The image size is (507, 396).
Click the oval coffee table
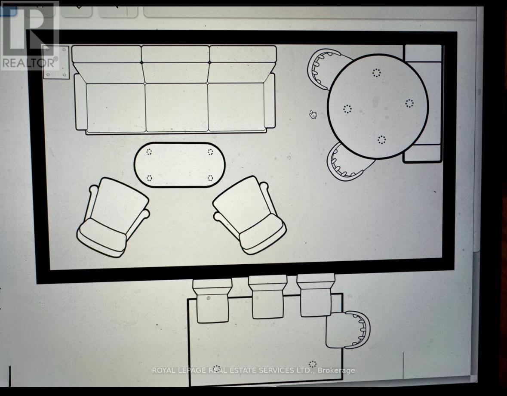tap(179, 165)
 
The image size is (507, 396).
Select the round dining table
tap(378, 106)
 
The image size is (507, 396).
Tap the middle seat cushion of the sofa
tap(177, 107)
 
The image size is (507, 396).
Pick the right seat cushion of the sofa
tap(237, 107)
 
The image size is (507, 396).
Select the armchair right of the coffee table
tap(249, 215)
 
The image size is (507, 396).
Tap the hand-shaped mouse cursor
tap(313, 114)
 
